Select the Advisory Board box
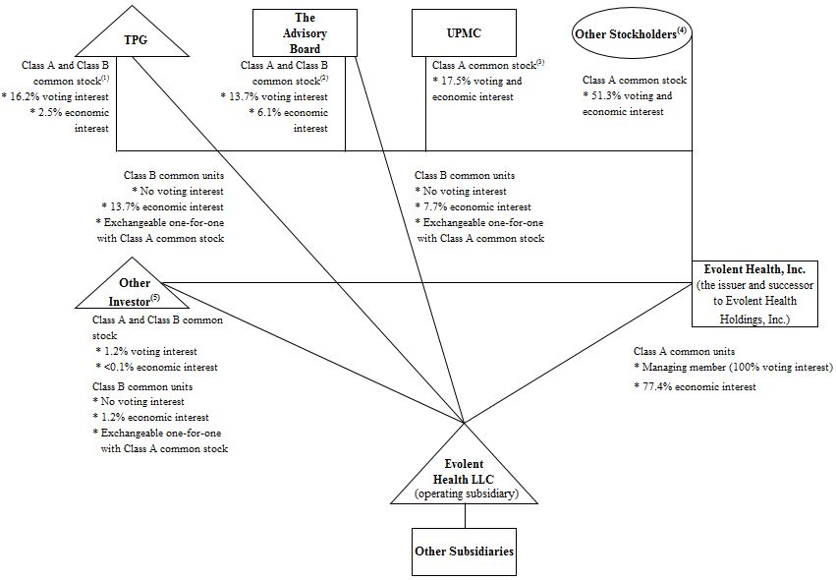[x=305, y=33]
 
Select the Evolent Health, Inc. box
[x=754, y=293]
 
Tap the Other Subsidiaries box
[x=462, y=551]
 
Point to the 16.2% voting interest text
[x=57, y=97]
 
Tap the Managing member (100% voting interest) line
[x=734, y=367]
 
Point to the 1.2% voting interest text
[x=146, y=351]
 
